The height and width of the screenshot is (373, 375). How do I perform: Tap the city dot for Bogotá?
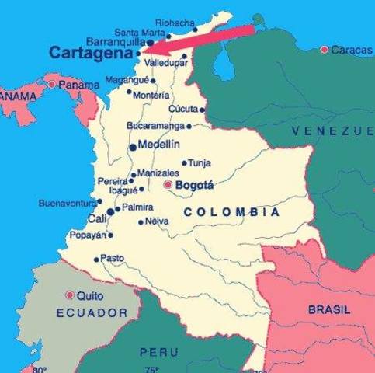[x=168, y=185]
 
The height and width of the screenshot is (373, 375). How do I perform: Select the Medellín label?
[x=158, y=145]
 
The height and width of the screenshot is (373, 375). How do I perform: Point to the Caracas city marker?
[x=325, y=50]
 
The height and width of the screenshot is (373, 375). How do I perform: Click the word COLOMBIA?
[x=232, y=211]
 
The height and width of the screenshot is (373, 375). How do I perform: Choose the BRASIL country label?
[x=329, y=309]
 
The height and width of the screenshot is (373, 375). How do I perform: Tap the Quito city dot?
[x=70, y=295]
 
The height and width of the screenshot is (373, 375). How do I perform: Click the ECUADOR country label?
[x=92, y=312]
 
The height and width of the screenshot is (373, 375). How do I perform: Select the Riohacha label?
[x=175, y=23]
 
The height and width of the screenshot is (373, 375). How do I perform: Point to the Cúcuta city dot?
[x=202, y=110]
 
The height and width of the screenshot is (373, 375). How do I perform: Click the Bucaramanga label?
[x=156, y=125]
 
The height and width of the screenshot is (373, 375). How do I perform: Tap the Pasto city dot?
[x=96, y=260]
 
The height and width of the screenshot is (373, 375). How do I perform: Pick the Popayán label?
[x=86, y=234]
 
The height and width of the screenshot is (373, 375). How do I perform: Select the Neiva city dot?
[x=141, y=221]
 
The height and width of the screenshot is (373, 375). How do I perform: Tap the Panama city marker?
[x=52, y=84]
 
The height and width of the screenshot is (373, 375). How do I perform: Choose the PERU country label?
[x=158, y=352]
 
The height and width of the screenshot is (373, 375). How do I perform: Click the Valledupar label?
[x=166, y=61]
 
